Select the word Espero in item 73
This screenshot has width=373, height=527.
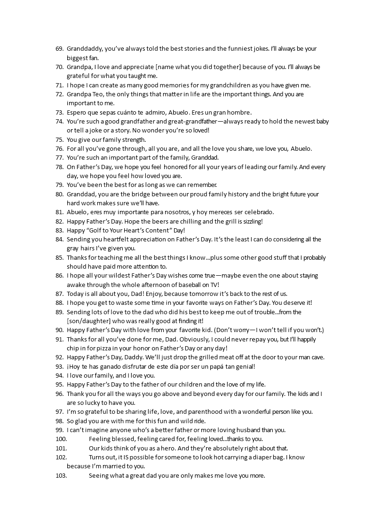click(x=77, y=112)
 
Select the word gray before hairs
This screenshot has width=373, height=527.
click(x=73, y=248)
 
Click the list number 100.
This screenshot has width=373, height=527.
click(x=61, y=439)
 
